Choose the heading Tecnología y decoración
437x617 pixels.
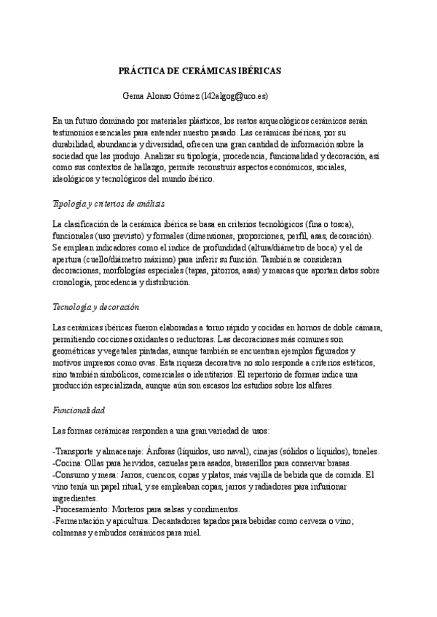tap(95, 307)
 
